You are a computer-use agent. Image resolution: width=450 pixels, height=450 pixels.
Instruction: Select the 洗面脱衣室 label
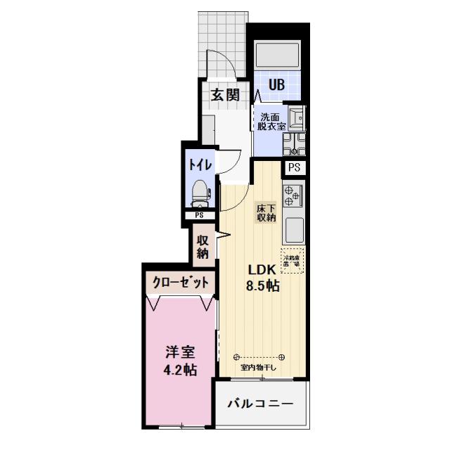pos(271,122)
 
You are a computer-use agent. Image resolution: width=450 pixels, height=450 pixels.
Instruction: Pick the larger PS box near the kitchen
pos(294,167)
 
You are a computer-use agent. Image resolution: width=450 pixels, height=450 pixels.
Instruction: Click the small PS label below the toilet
pos(199,215)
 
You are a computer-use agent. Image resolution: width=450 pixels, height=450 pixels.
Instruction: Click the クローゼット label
pos(181,283)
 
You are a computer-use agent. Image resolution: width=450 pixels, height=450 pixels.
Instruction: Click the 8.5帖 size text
pos(262,286)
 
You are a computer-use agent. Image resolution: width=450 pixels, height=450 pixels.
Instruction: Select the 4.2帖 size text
pos(180,370)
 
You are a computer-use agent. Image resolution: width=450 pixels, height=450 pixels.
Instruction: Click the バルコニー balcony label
pos(259,404)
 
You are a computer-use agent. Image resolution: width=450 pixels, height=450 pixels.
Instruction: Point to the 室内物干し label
pos(259,367)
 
